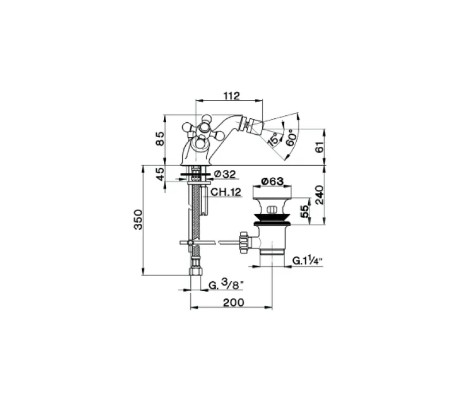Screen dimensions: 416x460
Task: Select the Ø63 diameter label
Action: point(274,182)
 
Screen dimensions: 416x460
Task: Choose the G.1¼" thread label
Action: point(308,261)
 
